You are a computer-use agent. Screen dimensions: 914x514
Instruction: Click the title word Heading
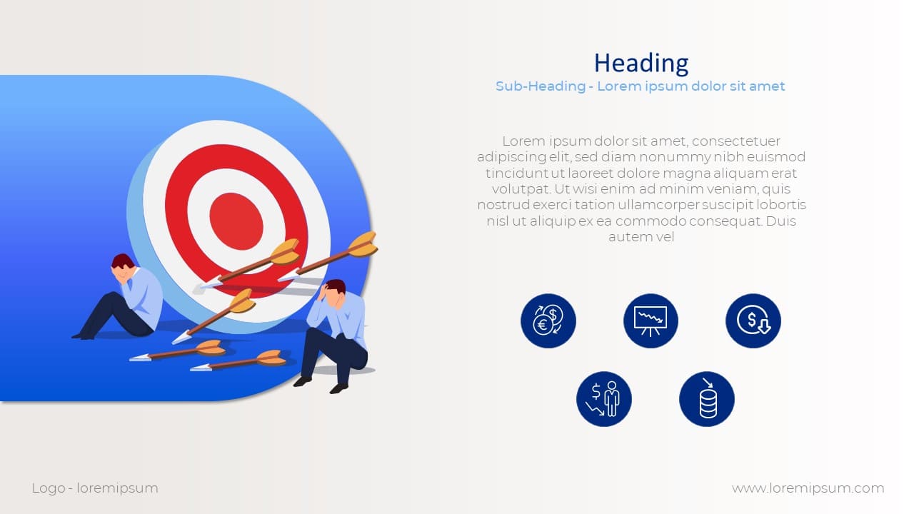click(641, 64)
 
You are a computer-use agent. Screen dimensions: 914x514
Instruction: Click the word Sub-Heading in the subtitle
click(541, 86)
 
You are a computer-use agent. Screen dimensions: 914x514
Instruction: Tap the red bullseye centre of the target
click(236, 221)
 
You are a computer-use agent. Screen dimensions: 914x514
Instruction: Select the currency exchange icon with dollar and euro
click(548, 321)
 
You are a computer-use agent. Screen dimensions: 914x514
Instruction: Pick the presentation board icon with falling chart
click(651, 321)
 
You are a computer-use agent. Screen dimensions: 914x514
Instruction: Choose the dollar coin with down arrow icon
click(753, 321)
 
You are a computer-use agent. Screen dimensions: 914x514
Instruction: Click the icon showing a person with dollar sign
click(604, 399)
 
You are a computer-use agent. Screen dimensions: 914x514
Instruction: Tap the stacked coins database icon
click(707, 399)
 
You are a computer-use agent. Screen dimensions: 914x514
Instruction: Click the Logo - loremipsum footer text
click(95, 488)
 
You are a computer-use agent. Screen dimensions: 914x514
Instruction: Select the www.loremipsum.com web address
click(808, 488)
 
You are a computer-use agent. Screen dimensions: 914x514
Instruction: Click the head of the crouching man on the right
click(336, 291)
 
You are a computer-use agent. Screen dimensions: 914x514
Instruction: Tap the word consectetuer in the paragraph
click(736, 141)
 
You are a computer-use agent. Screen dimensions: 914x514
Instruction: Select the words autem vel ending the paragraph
click(641, 237)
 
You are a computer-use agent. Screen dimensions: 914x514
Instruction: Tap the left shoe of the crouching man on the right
click(302, 381)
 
